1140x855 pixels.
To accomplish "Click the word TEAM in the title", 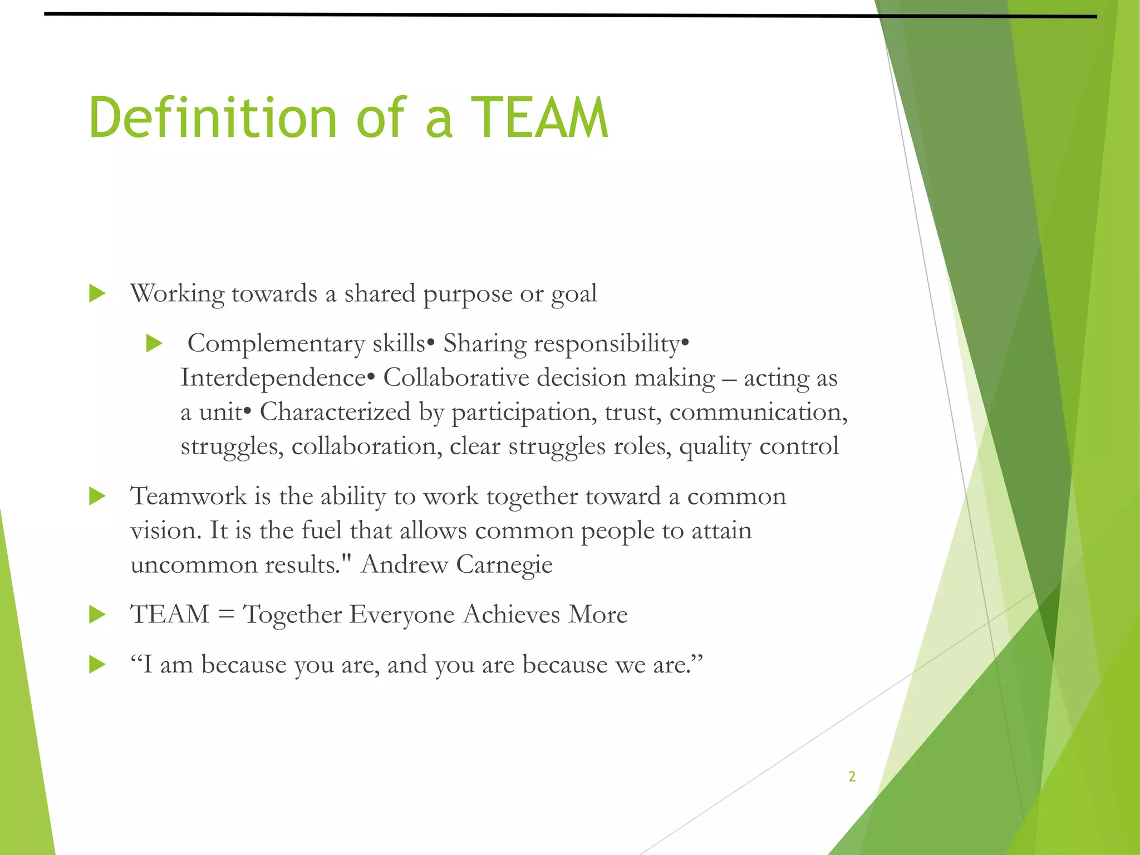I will click(539, 118).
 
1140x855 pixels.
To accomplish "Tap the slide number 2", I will click(852, 777).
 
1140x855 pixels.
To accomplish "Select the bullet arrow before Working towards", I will click(97, 293).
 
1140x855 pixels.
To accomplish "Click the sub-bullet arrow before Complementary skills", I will click(154, 343).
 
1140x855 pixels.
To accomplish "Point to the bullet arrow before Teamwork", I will click(97, 496).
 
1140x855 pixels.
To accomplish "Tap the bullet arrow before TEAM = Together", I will click(97, 615).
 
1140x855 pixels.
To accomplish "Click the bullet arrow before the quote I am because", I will click(97, 665).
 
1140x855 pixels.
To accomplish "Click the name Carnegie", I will click(504, 565).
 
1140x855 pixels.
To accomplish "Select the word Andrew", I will click(404, 565).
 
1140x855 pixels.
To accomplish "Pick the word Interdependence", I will click(273, 378).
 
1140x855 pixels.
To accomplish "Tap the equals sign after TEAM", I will click(226, 615).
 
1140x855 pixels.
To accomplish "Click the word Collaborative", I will click(456, 378).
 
